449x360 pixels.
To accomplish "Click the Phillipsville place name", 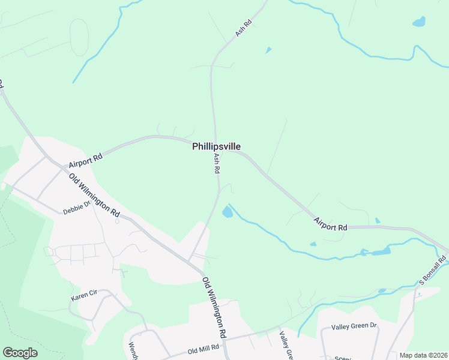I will point(217,146).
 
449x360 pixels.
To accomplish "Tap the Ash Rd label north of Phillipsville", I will point(243,28).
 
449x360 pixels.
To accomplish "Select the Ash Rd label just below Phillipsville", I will point(216,163).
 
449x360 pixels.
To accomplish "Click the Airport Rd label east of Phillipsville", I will point(330,224).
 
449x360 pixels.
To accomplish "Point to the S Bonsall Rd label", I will point(433,272).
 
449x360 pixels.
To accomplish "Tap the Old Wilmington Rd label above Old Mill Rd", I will point(214,306).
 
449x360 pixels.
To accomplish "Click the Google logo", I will point(20,353).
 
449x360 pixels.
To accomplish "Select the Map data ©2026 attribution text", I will point(423,355).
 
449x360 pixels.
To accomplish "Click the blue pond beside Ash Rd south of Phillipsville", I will point(228,211).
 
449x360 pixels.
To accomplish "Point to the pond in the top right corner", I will point(418,22).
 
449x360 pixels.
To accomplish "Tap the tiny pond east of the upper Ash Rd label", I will point(268,50).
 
